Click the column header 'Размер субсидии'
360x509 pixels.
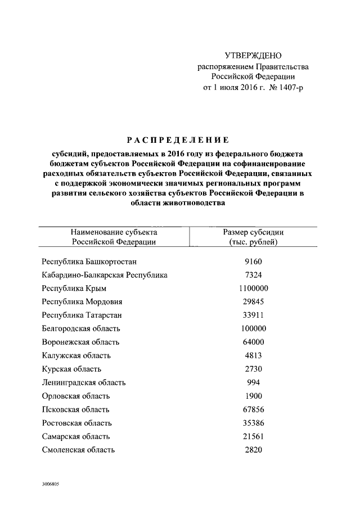coord(253,232)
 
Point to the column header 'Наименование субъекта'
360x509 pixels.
coord(114,232)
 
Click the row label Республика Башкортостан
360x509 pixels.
coord(89,262)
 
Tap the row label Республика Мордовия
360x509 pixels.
coord(82,302)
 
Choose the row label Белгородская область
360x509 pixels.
coord(81,328)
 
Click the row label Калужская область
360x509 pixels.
coord(76,355)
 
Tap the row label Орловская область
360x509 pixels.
coord(76,396)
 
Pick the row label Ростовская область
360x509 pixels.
coord(77,423)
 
